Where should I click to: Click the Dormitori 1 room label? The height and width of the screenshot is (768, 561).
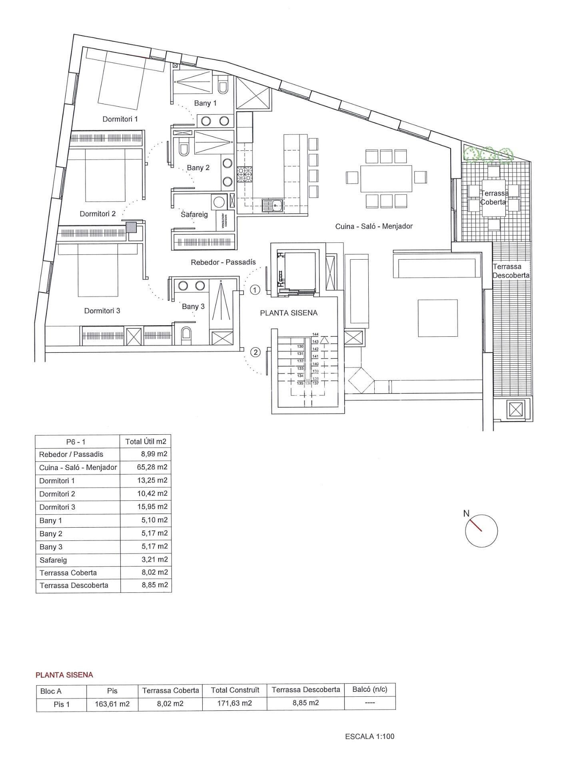[120, 119]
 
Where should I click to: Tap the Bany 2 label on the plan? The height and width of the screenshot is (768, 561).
[198, 168]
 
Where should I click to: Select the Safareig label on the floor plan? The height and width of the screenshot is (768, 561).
[194, 214]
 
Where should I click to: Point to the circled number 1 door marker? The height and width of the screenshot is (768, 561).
[255, 290]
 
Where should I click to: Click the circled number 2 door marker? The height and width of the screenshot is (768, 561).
[255, 352]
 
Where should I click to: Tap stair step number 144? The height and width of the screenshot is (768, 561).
[315, 334]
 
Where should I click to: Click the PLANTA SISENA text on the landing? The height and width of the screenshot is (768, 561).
[289, 313]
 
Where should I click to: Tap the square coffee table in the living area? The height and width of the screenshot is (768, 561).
[437, 318]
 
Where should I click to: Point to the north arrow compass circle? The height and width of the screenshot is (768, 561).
[481, 531]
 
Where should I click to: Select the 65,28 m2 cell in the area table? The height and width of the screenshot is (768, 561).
[152, 467]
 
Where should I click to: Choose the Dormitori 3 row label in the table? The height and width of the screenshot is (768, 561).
[57, 507]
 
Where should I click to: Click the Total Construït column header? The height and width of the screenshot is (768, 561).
[235, 690]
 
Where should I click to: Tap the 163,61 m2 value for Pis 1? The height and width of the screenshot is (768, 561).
[112, 704]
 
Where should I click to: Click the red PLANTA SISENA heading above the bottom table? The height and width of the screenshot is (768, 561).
[64, 675]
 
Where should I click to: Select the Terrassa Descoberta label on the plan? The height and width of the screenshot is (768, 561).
[511, 271]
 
